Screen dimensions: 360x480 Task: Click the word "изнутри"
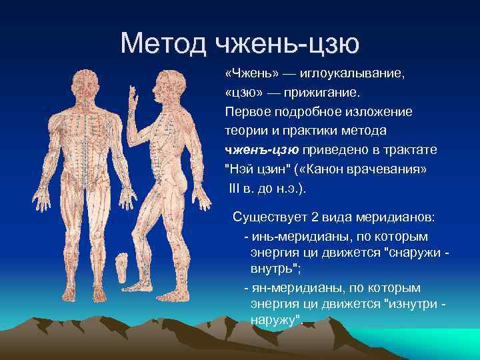(409, 305)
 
